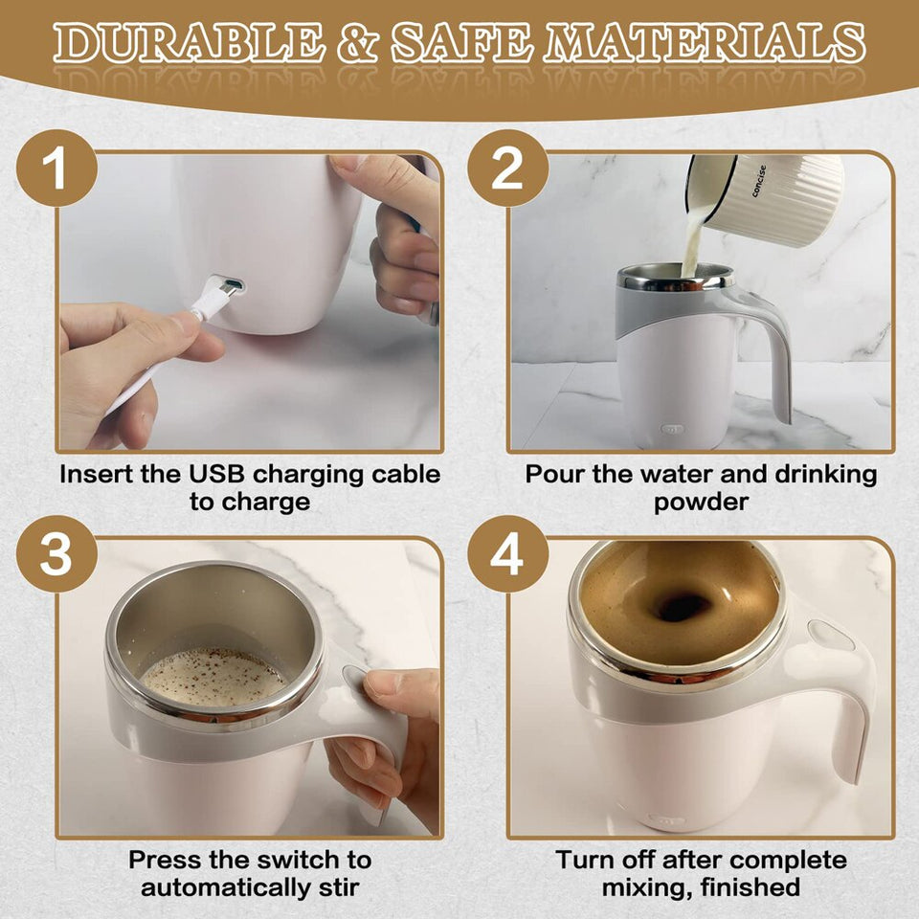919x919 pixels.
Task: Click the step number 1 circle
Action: tap(56, 169)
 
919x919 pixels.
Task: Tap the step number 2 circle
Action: tap(507, 169)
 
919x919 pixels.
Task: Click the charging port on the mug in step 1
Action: tap(230, 285)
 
